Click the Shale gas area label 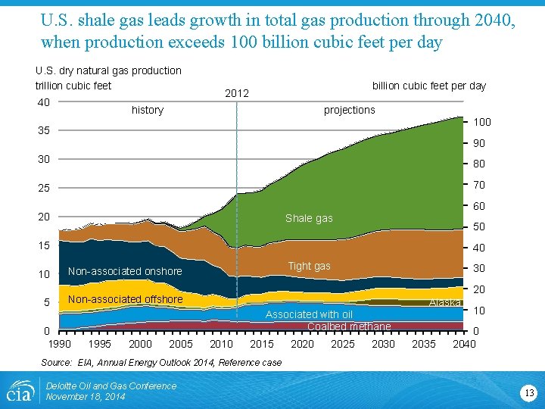tap(309, 219)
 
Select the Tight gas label tap(309, 266)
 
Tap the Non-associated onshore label tap(125, 271)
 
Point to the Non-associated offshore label tap(125, 299)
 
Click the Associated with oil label tap(309, 314)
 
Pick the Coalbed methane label tap(349, 326)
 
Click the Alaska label tap(445, 303)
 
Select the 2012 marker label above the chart tap(237, 93)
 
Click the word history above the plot tap(148, 110)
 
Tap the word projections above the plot tap(349, 110)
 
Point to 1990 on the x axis tap(60, 344)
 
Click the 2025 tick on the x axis tap(343, 344)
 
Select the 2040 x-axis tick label tap(463, 344)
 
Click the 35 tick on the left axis tap(45, 131)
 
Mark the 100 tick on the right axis tap(481, 122)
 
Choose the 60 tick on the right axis tap(478, 206)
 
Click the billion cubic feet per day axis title tap(428, 86)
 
